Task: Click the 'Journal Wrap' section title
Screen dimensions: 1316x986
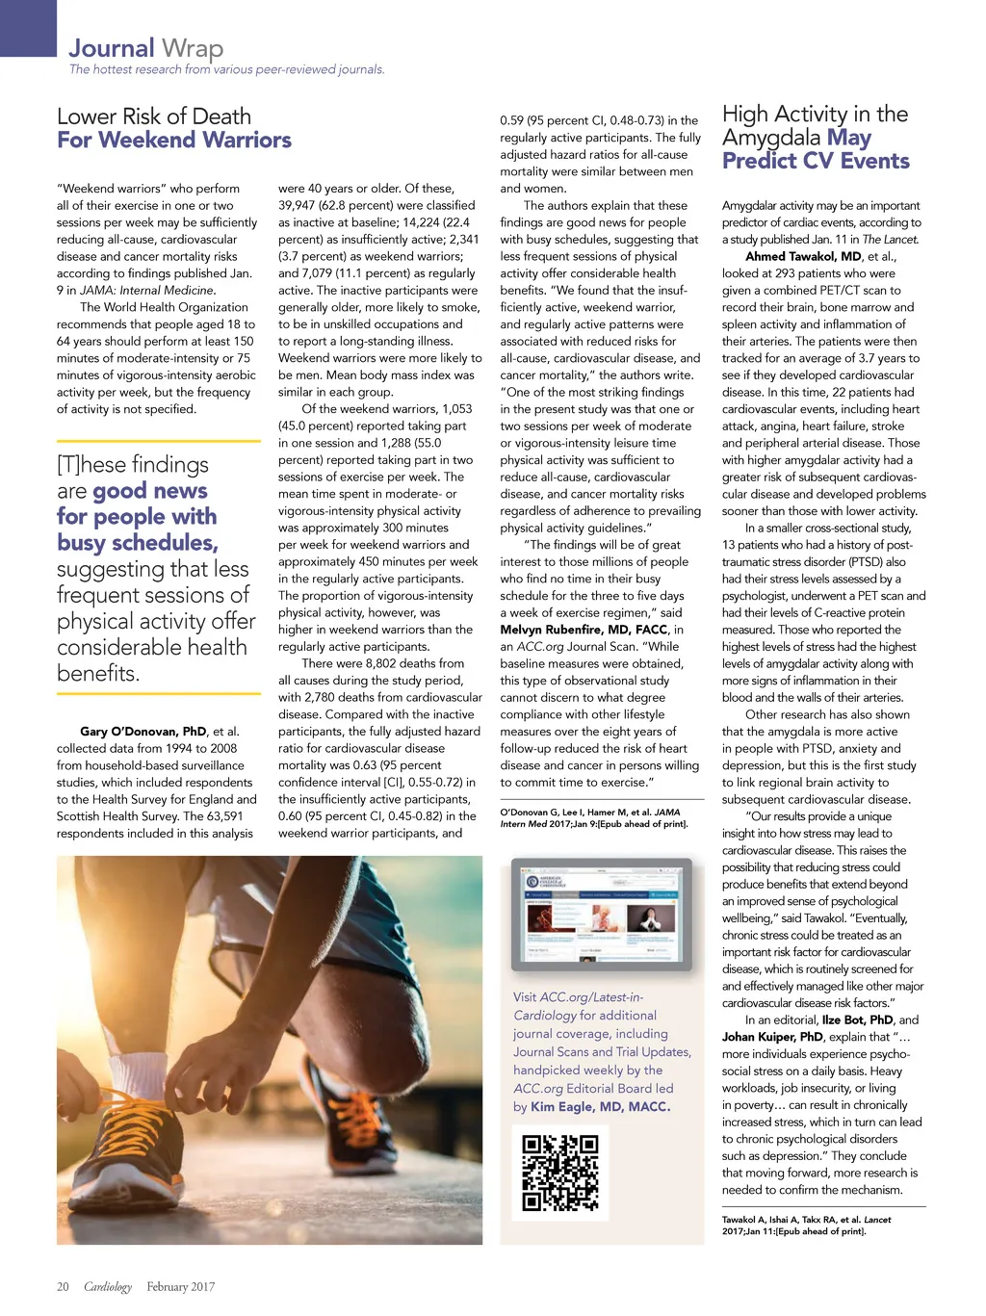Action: click(145, 47)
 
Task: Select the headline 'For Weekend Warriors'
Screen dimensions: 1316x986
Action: click(173, 141)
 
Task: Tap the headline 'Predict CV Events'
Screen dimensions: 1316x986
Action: click(816, 161)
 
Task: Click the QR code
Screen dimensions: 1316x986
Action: click(559, 1172)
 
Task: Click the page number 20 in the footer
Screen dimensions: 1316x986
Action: click(63, 1286)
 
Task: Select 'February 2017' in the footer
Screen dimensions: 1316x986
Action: click(180, 1286)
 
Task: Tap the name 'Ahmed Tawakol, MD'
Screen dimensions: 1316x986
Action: click(803, 256)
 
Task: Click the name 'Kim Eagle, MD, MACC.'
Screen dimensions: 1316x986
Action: click(600, 1107)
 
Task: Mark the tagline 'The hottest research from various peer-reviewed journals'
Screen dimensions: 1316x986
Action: click(226, 69)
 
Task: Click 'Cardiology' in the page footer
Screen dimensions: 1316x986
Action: click(108, 1286)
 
